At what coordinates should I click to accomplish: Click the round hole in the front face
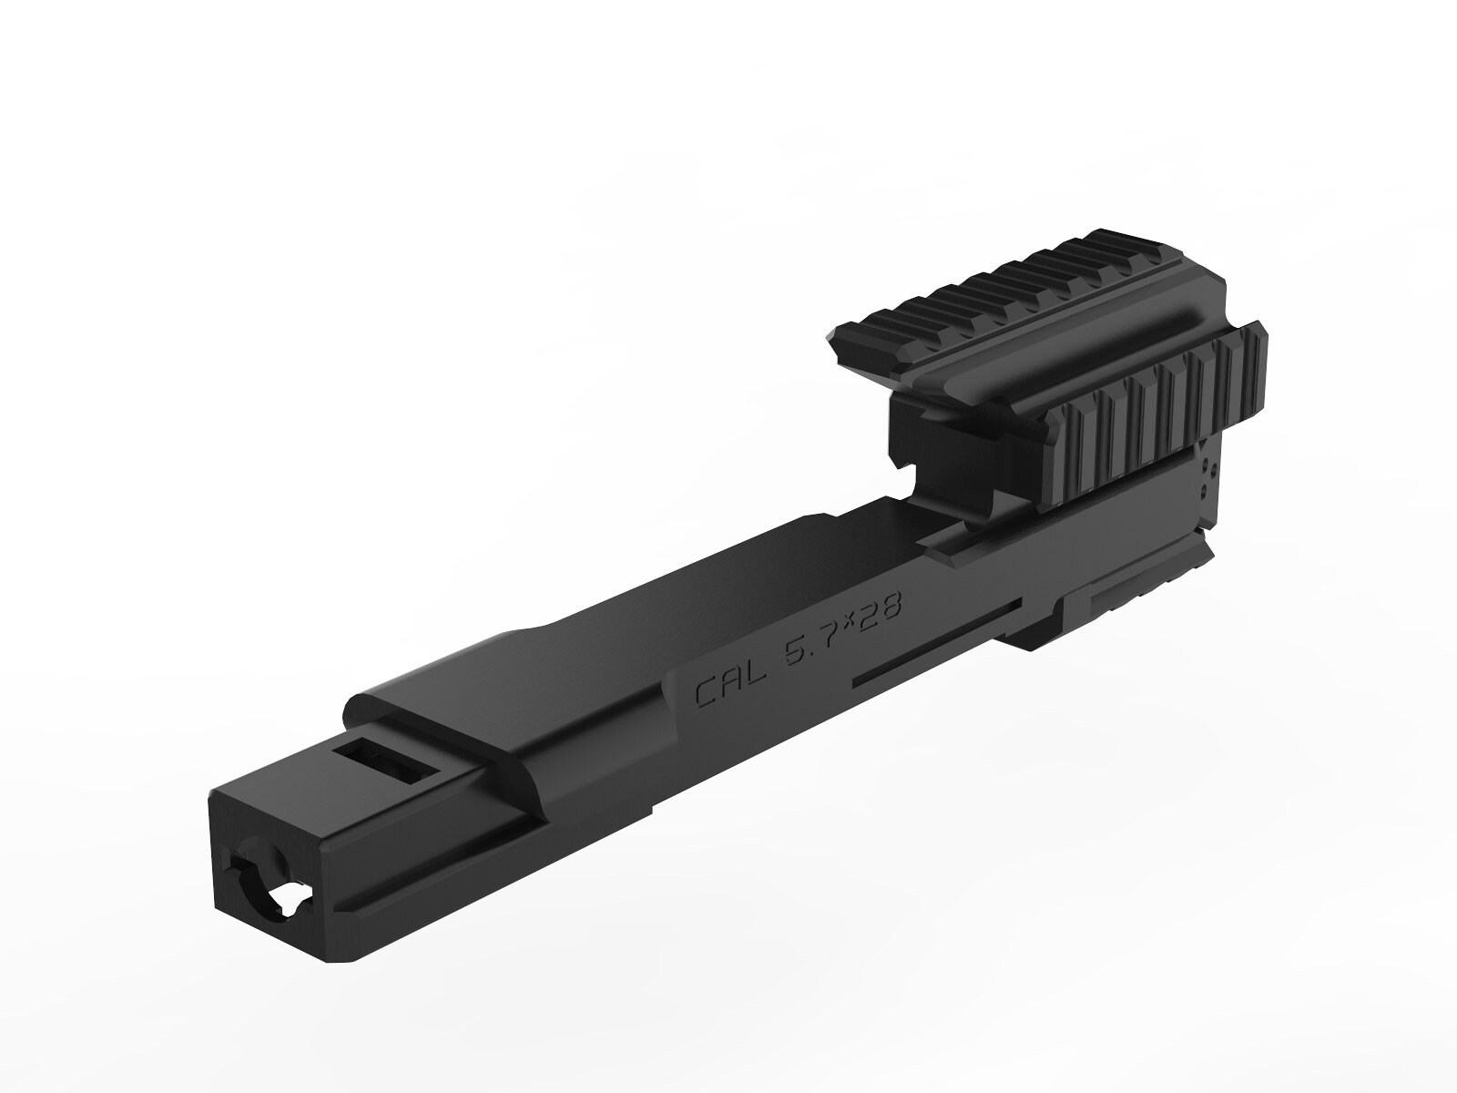pos(258,881)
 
